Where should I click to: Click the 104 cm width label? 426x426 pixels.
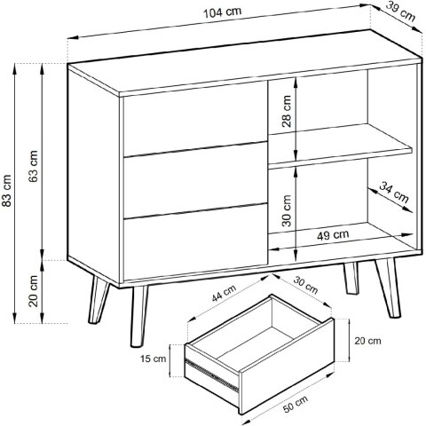[x=223, y=12]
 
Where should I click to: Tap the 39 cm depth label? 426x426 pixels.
[x=400, y=12]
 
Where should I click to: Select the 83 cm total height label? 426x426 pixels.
[x=6, y=191]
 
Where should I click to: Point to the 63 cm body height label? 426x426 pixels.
[x=34, y=166]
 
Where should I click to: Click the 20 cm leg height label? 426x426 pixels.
[x=34, y=291]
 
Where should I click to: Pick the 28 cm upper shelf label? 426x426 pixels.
[x=287, y=111]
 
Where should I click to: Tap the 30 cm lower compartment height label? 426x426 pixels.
[x=287, y=210]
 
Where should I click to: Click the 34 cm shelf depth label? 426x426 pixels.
[x=394, y=192]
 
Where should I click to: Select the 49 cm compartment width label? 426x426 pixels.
[x=333, y=235]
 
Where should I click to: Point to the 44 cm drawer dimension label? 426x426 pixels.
[x=224, y=293]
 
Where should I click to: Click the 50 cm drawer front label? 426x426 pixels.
[x=296, y=404]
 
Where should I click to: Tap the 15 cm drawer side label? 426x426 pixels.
[x=153, y=359]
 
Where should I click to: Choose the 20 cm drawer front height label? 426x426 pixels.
[x=367, y=341]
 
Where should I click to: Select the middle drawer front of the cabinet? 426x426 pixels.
[x=195, y=180]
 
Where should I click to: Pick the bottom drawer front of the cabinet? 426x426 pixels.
[x=195, y=241]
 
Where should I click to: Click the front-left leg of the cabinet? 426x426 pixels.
[x=138, y=316]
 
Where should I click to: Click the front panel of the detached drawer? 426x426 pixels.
[x=286, y=367]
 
